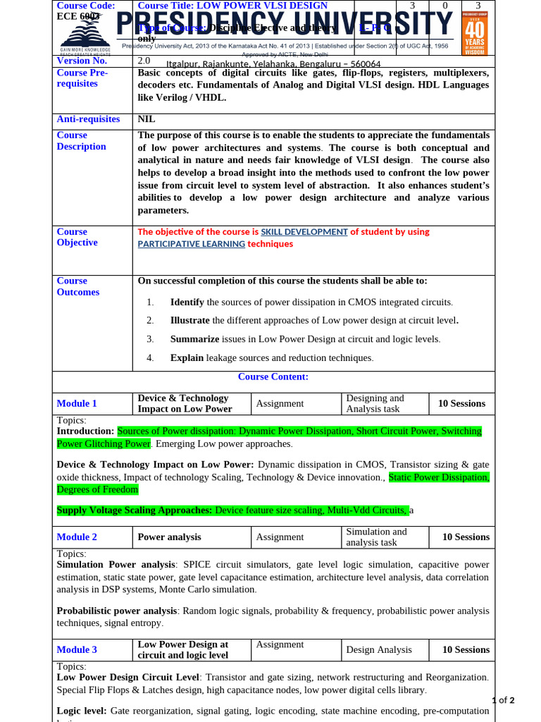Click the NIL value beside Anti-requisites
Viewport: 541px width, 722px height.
coord(147,119)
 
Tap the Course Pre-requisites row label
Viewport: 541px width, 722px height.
coord(82,78)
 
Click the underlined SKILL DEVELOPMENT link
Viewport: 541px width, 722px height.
coord(304,231)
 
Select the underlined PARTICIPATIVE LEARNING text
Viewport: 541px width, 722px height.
coord(191,244)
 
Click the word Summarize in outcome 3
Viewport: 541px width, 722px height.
coord(194,338)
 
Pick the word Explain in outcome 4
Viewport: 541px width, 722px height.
coord(187,357)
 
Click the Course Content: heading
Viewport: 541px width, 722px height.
coord(273,377)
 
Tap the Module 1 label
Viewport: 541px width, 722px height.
coord(77,403)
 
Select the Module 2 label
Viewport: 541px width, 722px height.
coord(77,537)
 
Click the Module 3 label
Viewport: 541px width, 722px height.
coord(77,649)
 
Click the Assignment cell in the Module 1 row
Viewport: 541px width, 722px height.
coord(280,403)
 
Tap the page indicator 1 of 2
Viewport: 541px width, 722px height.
coord(503,700)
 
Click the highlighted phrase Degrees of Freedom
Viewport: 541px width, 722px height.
coord(97,489)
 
